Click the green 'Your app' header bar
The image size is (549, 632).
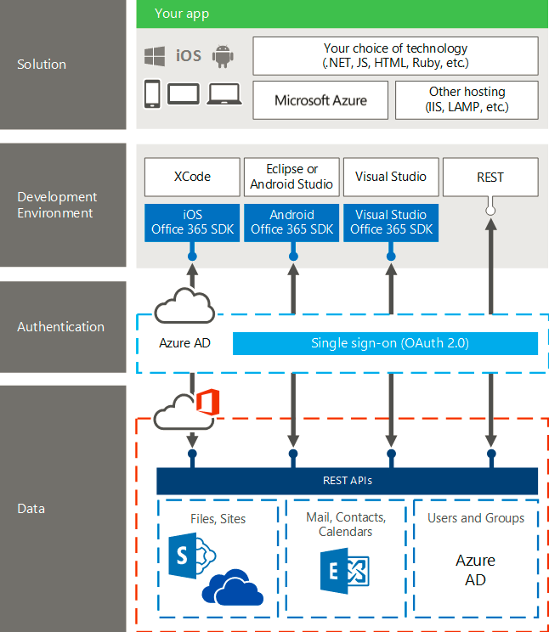click(x=342, y=14)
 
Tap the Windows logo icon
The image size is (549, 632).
click(x=154, y=56)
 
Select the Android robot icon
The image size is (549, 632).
click(x=224, y=56)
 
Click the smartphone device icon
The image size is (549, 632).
click(x=153, y=93)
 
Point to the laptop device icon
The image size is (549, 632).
click(x=224, y=93)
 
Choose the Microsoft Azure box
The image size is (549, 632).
click(x=320, y=100)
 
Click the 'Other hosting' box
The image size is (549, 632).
click(x=467, y=99)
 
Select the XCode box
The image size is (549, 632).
click(x=192, y=177)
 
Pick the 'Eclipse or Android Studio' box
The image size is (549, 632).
click(x=291, y=177)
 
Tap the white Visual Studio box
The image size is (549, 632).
click(x=391, y=177)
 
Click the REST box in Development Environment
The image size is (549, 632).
click(x=490, y=177)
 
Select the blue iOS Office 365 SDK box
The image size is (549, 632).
click(x=192, y=223)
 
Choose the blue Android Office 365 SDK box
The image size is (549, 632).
click(x=291, y=223)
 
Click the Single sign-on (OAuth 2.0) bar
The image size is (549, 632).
click(x=385, y=343)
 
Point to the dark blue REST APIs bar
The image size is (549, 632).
click(x=347, y=481)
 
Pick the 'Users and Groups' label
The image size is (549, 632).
click(x=475, y=518)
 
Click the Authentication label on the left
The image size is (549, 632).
click(x=61, y=327)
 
